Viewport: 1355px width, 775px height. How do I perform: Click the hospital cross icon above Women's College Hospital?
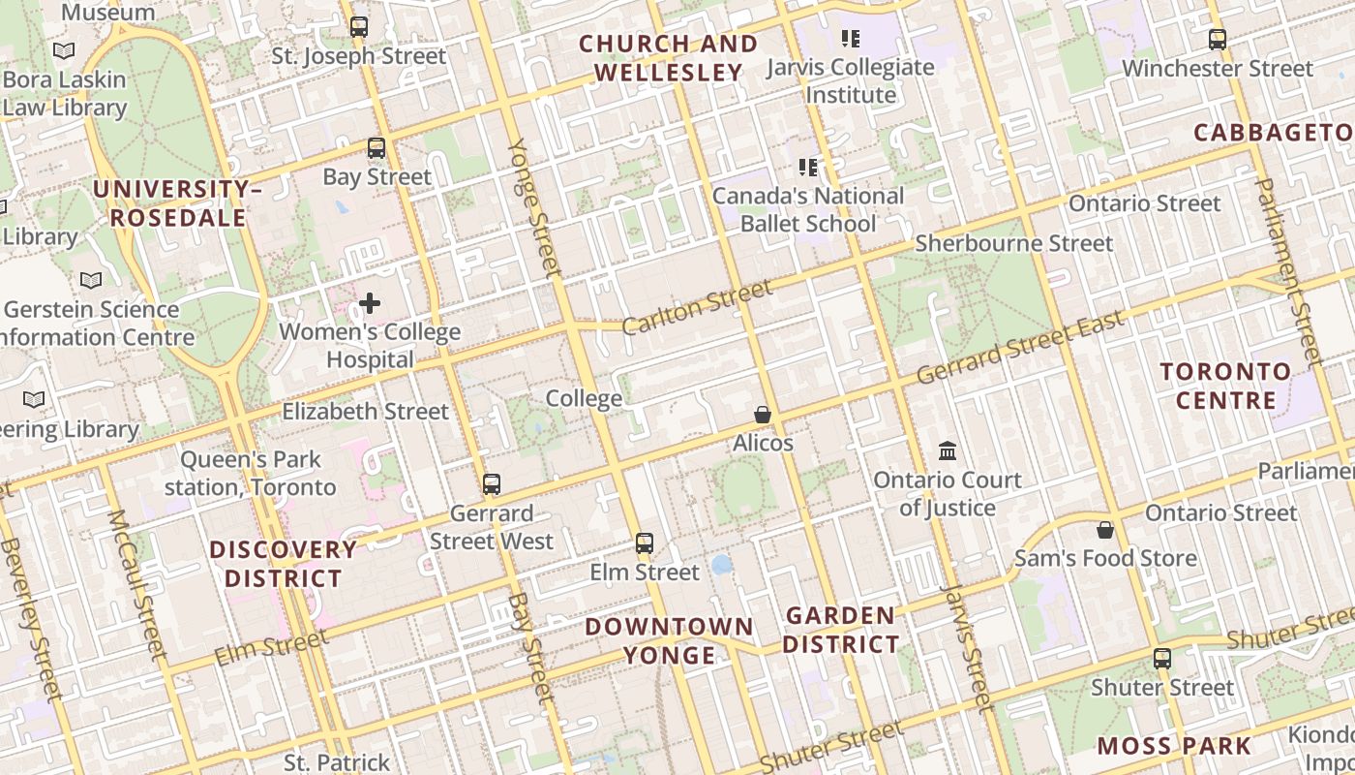point(370,303)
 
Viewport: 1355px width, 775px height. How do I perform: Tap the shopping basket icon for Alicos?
point(763,415)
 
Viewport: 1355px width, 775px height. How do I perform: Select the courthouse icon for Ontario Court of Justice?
point(948,451)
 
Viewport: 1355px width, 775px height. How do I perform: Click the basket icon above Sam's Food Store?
point(1104,530)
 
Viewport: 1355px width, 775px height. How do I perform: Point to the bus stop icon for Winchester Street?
point(1218,40)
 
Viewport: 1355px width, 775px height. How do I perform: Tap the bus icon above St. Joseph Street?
point(359,27)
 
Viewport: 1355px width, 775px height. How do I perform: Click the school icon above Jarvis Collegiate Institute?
point(850,39)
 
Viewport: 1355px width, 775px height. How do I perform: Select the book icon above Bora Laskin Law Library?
point(64,50)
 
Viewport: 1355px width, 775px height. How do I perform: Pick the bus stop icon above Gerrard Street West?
point(492,484)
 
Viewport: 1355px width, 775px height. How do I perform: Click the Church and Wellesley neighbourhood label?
point(668,58)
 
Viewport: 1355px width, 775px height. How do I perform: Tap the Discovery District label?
point(284,564)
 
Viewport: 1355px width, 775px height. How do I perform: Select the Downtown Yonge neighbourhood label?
point(669,640)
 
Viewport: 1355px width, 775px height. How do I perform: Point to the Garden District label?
point(840,630)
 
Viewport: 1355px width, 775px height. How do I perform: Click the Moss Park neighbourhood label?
point(1174,746)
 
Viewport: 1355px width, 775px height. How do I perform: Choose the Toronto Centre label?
point(1225,386)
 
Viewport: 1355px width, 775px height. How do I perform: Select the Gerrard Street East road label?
point(1020,347)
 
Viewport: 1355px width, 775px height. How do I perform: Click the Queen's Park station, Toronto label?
point(250,473)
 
